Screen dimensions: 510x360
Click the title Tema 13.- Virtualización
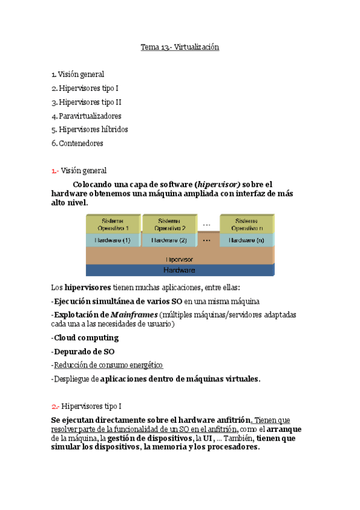tap(180, 47)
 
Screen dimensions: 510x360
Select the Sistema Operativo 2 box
tap(169, 224)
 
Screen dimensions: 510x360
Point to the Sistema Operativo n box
tap(248, 224)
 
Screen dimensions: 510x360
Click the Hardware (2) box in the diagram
tap(169, 240)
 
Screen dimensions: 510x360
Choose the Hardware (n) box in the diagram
tap(248, 240)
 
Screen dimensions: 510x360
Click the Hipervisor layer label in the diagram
tap(179, 259)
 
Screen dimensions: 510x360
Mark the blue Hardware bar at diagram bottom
tap(179, 270)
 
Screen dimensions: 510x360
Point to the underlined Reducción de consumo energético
tap(108, 365)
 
